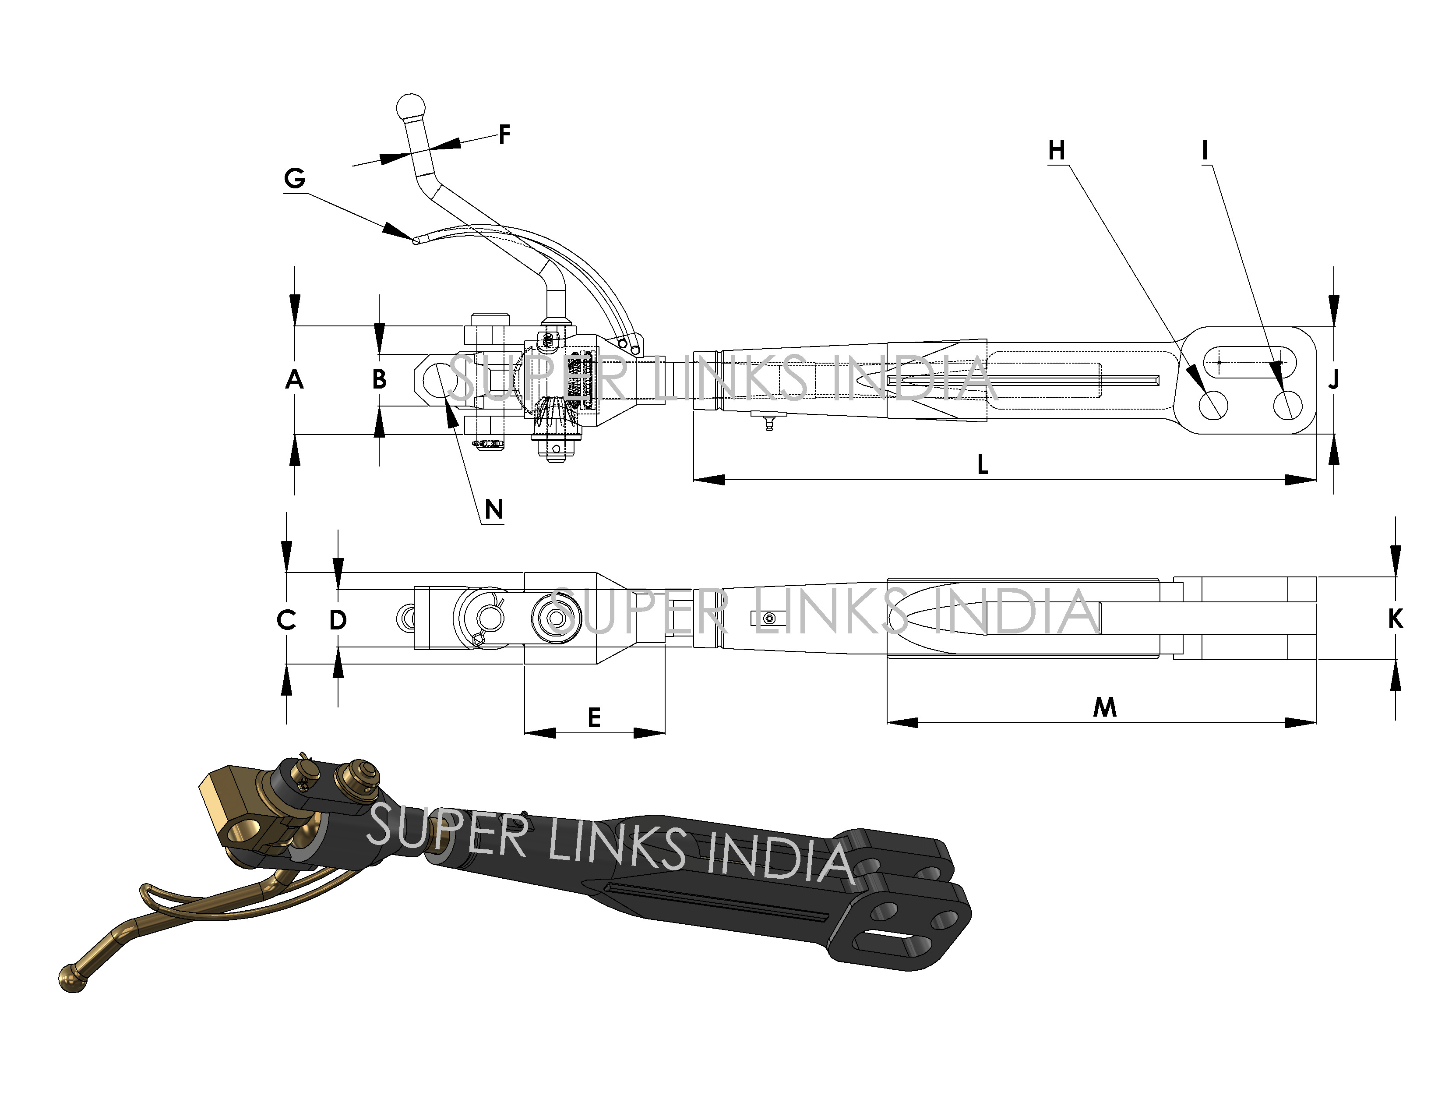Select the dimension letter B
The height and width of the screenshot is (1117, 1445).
click(379, 380)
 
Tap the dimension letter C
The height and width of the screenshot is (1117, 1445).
click(286, 621)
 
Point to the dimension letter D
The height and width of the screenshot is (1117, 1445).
click(338, 621)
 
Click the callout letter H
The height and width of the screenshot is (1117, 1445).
click(1057, 151)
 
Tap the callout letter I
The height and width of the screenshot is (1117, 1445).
click(1205, 151)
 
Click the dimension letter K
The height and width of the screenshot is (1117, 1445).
click(1396, 619)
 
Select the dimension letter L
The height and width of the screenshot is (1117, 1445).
click(983, 465)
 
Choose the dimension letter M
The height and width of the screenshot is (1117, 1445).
click(1105, 708)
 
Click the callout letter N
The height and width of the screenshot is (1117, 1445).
click(493, 509)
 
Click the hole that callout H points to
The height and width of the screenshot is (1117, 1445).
click(1213, 404)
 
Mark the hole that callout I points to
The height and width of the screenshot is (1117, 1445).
click(1287, 404)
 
